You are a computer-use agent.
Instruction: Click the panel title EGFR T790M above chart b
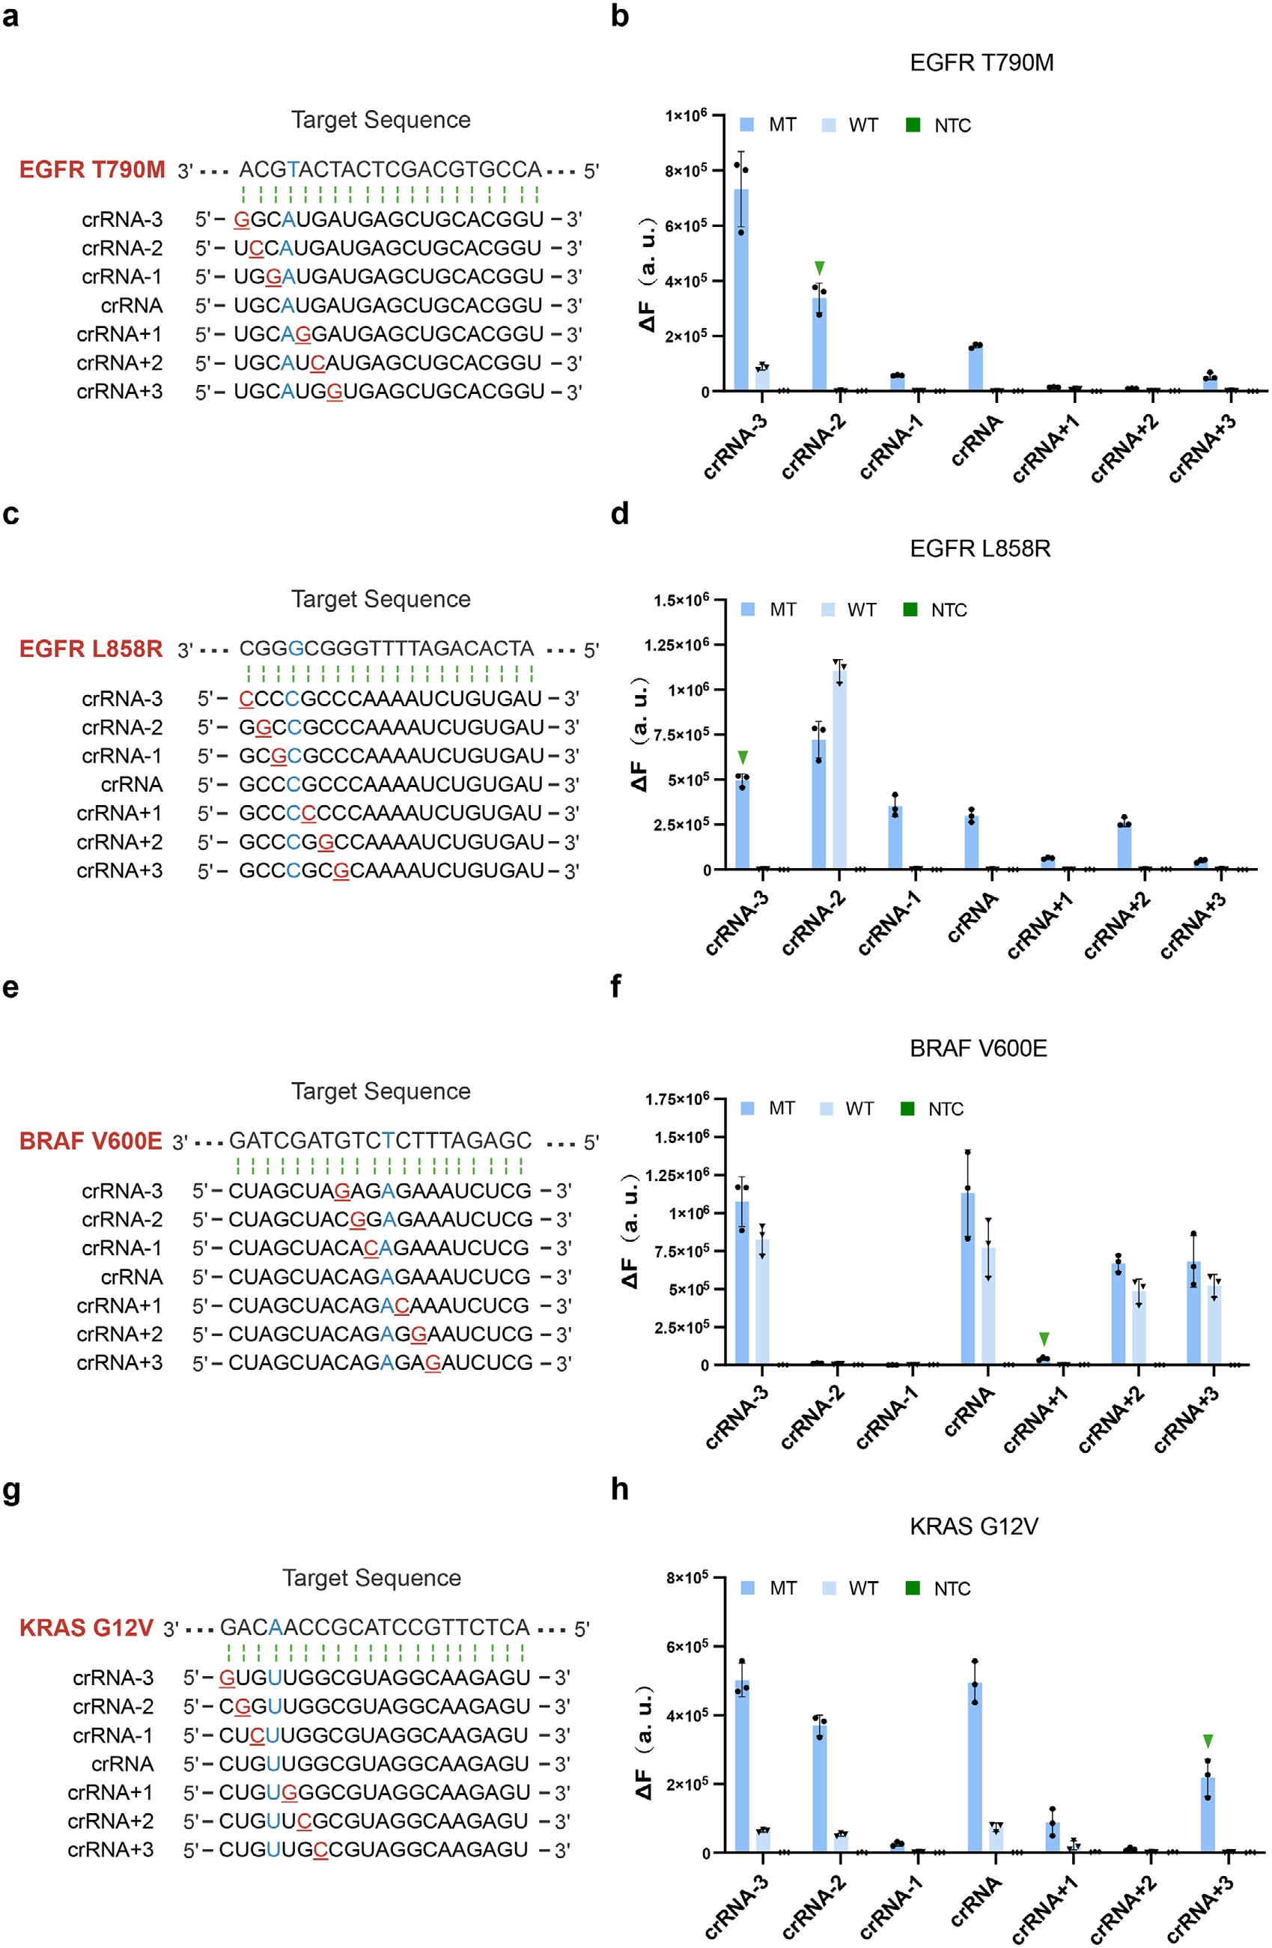981,63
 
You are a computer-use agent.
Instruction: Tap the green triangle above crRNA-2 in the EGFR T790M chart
820,268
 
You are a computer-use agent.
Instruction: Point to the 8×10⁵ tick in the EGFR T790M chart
686,170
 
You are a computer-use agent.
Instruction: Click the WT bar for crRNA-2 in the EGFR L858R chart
840,769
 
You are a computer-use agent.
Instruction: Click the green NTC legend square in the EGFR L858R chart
910,609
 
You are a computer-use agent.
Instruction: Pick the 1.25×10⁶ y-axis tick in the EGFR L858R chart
677,645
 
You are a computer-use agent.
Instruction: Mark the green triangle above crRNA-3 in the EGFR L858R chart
743,757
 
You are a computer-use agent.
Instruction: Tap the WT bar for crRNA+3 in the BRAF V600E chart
1215,1325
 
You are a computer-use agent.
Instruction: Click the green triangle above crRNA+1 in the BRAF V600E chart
1044,1339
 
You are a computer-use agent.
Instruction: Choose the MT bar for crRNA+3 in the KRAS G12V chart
1208,1814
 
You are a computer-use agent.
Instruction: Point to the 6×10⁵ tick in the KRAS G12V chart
687,1646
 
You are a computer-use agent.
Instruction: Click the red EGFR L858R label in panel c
91,649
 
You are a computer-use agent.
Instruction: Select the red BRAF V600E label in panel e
91,1141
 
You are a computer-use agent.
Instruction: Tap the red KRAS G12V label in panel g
86,1627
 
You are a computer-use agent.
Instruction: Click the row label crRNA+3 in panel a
120,392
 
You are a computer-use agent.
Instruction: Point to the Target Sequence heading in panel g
371,1578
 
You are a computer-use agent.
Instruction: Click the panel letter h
620,1488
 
